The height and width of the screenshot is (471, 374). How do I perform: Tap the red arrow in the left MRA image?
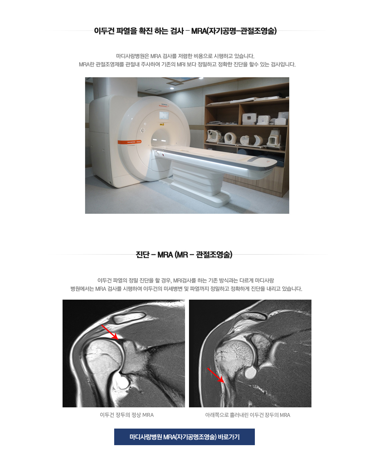(x=110, y=332)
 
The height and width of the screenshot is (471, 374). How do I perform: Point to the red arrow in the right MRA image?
(x=216, y=375)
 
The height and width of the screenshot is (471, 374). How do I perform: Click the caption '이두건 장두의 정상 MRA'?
(x=127, y=415)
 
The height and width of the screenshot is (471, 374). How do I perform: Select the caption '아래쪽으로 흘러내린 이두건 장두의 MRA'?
(x=248, y=415)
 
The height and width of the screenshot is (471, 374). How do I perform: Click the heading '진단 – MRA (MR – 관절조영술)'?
(x=184, y=255)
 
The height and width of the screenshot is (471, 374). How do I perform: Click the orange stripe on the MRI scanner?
(x=129, y=142)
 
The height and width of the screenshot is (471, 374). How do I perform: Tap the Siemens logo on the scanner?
(x=164, y=105)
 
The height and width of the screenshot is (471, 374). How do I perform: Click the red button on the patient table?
(x=163, y=155)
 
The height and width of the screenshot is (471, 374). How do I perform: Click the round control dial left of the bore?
(x=143, y=131)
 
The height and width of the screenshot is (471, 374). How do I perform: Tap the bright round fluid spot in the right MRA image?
(x=251, y=373)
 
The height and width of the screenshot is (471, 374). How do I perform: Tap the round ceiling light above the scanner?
(x=172, y=88)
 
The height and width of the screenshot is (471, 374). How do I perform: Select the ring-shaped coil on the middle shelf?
(x=230, y=138)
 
